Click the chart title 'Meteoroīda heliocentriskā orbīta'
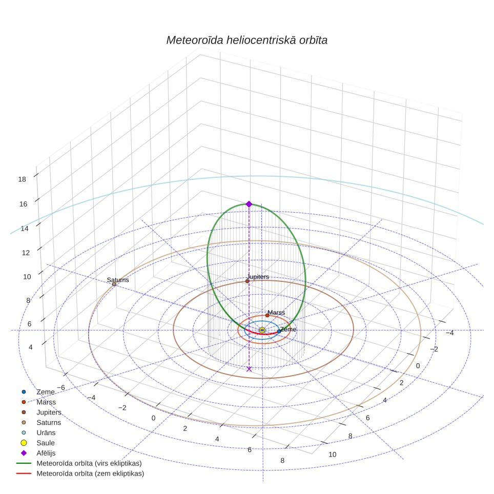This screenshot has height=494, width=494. [246, 40]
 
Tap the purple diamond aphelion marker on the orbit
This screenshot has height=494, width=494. [249, 204]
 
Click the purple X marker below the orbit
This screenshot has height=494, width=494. [249, 369]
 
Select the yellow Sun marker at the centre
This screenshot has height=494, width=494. [262, 330]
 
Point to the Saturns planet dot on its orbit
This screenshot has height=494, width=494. [114, 284]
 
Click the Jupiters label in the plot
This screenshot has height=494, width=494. [258, 277]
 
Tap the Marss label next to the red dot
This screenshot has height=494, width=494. [276, 313]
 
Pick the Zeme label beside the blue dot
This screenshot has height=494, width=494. [289, 329]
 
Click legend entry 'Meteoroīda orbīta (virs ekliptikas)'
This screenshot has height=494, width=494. [79, 463]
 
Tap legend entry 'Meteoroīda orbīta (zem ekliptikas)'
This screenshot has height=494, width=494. [80, 474]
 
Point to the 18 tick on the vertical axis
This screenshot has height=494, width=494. [22, 179]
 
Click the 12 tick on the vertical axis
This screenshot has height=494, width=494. [26, 253]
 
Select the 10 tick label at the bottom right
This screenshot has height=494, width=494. [333, 455]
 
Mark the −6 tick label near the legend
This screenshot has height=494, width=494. [61, 387]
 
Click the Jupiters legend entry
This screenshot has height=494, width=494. [42, 413]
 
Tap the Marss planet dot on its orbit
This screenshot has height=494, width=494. [267, 315]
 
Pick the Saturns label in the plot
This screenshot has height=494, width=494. [118, 280]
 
